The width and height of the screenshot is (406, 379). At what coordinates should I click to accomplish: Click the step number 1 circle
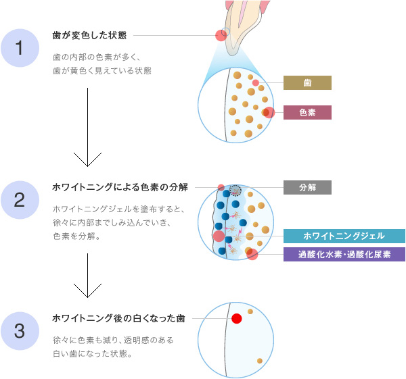click(x=20, y=48)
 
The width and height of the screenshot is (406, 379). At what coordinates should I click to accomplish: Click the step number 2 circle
click(x=20, y=199)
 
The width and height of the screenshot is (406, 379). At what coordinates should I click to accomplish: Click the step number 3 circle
click(x=20, y=331)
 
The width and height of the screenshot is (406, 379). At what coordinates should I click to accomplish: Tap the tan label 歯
click(x=307, y=83)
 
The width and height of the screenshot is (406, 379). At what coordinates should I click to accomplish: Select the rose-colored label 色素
click(x=307, y=112)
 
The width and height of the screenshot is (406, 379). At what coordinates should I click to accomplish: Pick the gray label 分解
click(x=307, y=187)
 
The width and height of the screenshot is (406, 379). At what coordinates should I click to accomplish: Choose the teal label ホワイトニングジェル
click(x=344, y=236)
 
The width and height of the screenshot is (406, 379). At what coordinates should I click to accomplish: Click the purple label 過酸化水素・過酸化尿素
click(x=344, y=254)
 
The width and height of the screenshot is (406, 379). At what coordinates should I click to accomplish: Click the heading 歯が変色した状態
click(x=93, y=34)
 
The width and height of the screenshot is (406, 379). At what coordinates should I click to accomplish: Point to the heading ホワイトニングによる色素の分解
click(x=120, y=186)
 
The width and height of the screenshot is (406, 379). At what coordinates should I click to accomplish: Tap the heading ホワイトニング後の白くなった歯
click(x=118, y=318)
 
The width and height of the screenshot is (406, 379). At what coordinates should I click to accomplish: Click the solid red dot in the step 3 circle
click(x=236, y=319)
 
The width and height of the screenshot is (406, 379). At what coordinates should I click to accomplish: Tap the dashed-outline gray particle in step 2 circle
click(x=235, y=191)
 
